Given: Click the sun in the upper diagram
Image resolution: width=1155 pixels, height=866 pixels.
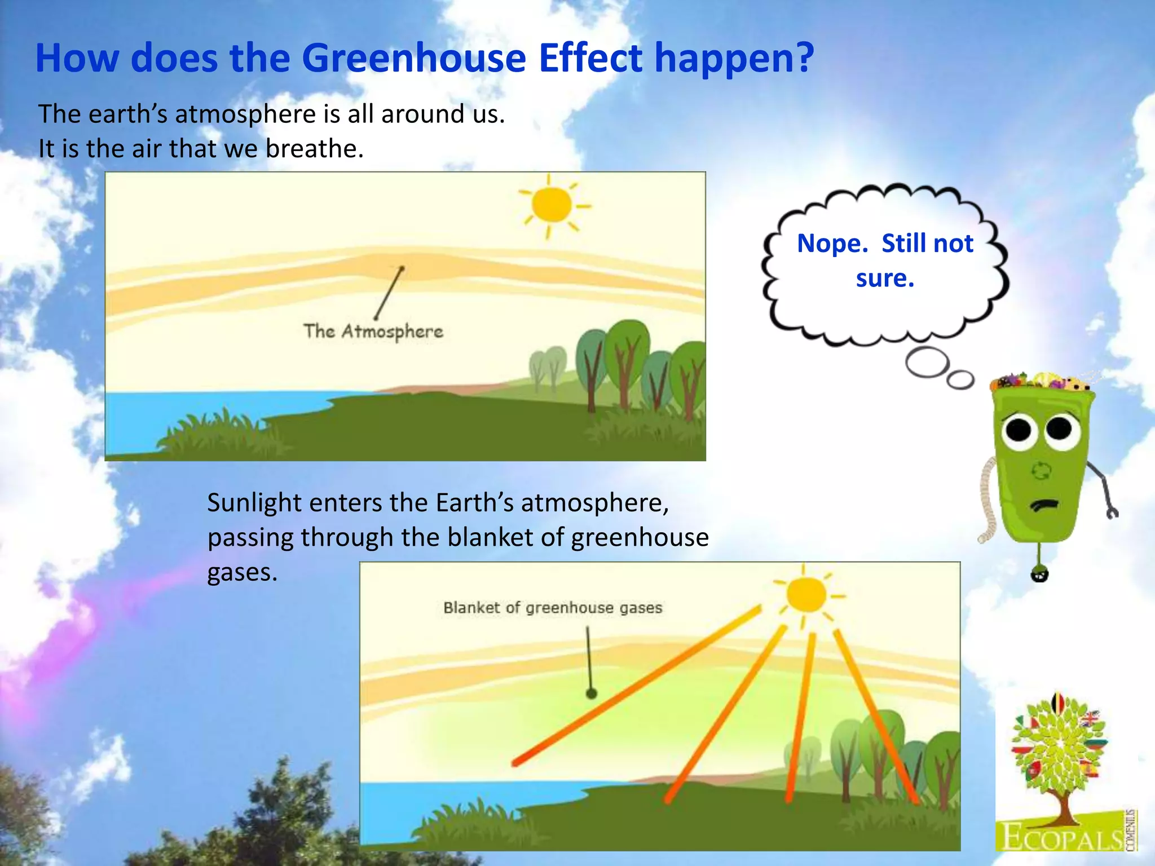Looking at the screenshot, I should point(551,205).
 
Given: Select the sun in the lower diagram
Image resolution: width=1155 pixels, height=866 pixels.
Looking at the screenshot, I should point(806,594).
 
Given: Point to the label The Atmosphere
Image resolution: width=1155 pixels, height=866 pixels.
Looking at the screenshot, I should point(373,332).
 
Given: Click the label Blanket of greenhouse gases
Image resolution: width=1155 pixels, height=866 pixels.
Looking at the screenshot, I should point(552,608).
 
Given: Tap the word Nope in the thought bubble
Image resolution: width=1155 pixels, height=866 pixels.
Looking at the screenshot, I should point(831,244).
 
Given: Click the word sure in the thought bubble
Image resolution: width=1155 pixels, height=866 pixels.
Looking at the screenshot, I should point(884,279).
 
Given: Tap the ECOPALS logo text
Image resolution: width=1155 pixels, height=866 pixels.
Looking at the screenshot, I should point(1060,837).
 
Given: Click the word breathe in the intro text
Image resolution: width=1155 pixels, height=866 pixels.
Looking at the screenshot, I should point(314,149).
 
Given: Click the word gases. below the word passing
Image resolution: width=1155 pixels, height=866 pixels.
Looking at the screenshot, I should point(242,573).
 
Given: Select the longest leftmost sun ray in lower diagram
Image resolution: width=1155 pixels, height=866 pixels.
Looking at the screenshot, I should point(637,685).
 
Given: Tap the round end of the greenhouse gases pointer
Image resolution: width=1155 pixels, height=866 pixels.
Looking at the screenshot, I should point(591,693).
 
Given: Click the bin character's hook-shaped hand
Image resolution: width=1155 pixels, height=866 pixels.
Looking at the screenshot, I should point(1112,512).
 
